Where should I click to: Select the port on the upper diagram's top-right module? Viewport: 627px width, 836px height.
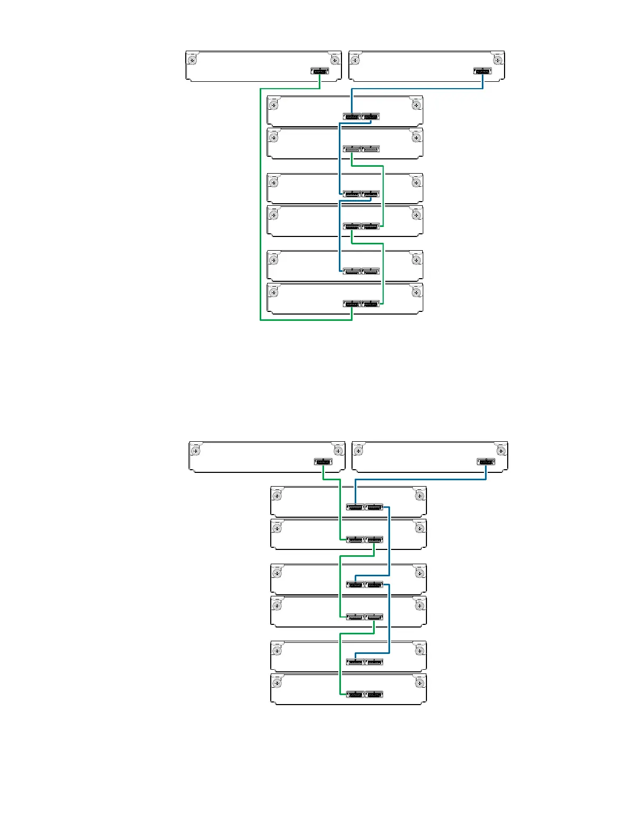coord(482,71)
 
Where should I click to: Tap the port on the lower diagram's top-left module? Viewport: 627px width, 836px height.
coord(323,462)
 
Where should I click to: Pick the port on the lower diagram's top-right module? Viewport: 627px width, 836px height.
coord(486,462)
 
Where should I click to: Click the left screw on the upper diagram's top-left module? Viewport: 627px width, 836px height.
coord(193,59)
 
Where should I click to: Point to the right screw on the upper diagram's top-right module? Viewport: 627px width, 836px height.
coord(497,59)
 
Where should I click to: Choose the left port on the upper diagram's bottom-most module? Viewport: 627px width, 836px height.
coord(351,304)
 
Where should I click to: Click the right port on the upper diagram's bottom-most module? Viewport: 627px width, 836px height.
coord(371,304)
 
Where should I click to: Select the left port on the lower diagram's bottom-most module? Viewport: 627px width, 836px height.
coord(355,695)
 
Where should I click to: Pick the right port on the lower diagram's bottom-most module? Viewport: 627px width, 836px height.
coord(374,695)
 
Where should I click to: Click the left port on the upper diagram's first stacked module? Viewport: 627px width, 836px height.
coord(351,117)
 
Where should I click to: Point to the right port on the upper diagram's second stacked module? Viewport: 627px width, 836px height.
coord(371,149)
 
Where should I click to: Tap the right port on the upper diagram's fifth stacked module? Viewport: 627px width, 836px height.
coord(371,271)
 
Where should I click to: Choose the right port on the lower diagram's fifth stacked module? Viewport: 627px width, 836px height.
coord(374,662)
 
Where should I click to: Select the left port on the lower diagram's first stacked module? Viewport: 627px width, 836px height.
coord(355,507)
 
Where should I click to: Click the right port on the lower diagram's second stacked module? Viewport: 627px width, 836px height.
coord(374,540)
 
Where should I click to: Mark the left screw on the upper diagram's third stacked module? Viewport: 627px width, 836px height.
coord(274,182)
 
